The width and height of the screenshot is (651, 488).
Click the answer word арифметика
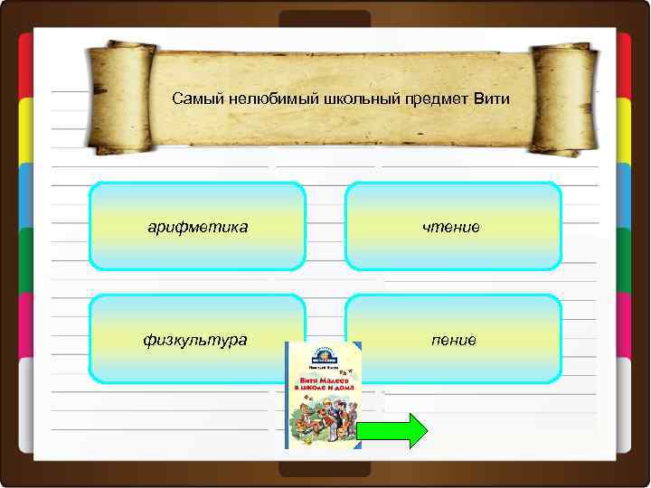[x=198, y=226]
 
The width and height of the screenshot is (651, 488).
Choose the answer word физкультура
[x=194, y=339]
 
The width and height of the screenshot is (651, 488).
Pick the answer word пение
[x=455, y=339]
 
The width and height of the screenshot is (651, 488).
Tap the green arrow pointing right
[x=392, y=431]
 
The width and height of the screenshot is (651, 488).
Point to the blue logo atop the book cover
[x=324, y=355]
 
